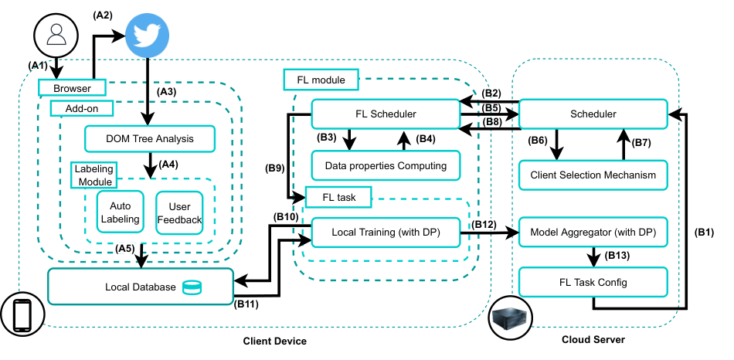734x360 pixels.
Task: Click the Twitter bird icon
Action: (148, 36)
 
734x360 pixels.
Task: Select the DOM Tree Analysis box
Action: (150, 138)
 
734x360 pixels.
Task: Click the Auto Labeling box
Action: (121, 212)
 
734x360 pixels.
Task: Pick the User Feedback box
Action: (179, 212)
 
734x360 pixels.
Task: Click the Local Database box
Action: (141, 286)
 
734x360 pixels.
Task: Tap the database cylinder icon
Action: (192, 287)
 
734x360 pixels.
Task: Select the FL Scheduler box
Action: (386, 114)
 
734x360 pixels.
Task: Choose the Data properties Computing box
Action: (386, 165)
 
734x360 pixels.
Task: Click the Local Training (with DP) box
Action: (386, 232)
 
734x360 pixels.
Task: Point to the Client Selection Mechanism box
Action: (593, 175)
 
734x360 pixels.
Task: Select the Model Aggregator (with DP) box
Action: (593, 232)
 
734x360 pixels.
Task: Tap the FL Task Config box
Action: (593, 282)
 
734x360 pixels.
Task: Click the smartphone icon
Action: (22, 315)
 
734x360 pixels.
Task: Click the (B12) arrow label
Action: (484, 224)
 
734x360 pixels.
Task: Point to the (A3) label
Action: (167, 92)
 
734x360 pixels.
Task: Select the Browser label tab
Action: (72, 88)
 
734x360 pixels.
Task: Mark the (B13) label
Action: (617, 256)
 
